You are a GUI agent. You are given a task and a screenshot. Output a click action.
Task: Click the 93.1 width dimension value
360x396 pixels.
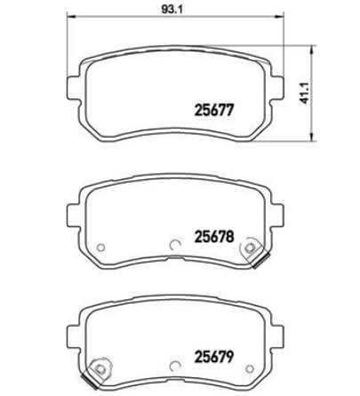172,9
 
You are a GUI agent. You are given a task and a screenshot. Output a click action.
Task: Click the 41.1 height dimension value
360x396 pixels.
304,92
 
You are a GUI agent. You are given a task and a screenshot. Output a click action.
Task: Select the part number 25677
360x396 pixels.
214,110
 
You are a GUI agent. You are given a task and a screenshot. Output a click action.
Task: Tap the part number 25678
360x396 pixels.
214,236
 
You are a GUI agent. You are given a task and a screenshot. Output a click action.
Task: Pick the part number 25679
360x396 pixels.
214,357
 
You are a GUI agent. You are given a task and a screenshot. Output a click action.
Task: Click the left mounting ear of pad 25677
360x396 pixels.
74,89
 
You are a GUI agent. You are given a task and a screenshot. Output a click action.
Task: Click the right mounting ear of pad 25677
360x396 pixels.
276,89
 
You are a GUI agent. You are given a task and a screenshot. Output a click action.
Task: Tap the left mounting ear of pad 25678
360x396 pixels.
74,215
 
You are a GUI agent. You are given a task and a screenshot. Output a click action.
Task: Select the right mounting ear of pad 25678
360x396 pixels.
276,215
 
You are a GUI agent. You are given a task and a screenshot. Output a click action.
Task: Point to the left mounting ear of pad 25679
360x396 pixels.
74,336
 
